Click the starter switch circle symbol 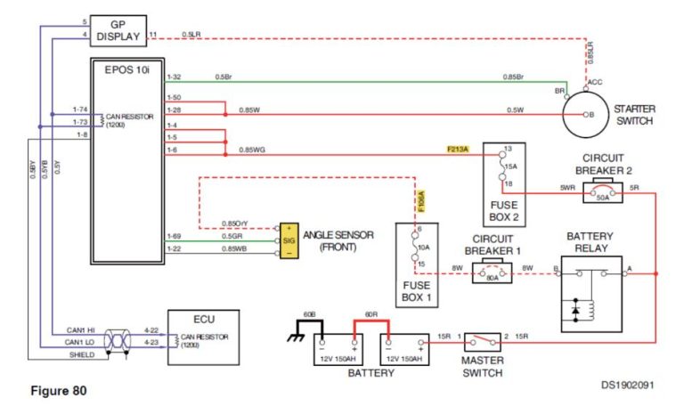point(587,114)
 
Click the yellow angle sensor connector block point(289,240)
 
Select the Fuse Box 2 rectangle point(503,183)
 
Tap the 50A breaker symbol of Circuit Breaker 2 point(603,193)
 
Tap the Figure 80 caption point(59,390)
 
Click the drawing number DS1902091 point(626,386)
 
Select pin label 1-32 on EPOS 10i point(174,77)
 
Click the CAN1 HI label point(77,329)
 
